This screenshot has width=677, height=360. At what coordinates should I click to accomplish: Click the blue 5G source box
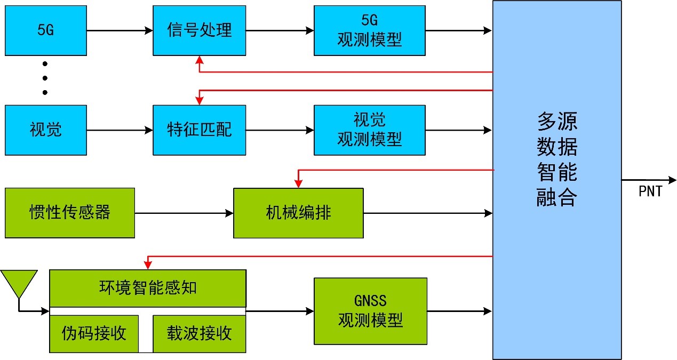(45, 30)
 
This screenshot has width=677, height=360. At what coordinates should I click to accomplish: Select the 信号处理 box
(199, 30)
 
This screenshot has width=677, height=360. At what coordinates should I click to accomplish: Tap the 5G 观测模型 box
(369, 30)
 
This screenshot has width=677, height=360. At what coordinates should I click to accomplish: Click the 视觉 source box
(45, 130)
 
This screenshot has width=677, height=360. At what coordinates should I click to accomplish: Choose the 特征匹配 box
(199, 130)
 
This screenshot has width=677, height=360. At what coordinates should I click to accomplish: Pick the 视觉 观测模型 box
(369, 130)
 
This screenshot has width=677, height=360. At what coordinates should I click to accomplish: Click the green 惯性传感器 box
(69, 213)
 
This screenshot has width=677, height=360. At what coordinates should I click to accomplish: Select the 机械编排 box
(298, 213)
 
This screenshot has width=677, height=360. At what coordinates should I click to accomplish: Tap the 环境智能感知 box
(147, 288)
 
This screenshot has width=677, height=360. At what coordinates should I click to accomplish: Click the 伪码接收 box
(94, 334)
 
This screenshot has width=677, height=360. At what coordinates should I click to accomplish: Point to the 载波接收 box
(199, 334)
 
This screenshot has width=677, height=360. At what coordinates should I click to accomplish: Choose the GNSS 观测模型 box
(370, 311)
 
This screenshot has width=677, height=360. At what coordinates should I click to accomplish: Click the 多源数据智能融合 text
(556, 160)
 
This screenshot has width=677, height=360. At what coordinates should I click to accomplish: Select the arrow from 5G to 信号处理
(120, 31)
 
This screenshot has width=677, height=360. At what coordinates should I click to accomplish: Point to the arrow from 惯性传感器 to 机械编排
(184, 213)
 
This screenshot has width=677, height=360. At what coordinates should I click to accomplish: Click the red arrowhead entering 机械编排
(299, 184)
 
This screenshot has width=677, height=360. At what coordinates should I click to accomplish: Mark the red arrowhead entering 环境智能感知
(148, 265)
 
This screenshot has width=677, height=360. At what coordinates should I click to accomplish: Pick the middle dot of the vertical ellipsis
(45, 78)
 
